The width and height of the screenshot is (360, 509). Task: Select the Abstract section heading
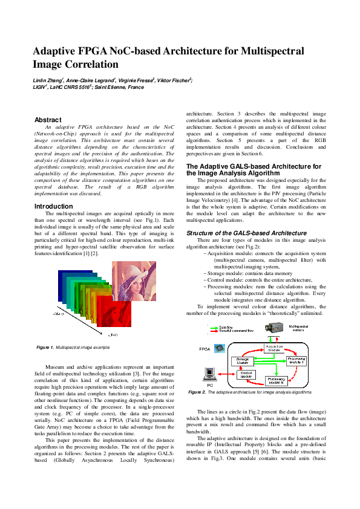pos(48,120)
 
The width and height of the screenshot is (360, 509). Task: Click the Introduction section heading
pos(53,206)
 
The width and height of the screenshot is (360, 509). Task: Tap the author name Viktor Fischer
pos(175,80)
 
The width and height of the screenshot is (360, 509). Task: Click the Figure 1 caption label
pos(45,348)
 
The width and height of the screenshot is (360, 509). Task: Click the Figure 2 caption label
pos(197,392)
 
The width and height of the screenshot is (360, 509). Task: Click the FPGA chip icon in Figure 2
pos(220,348)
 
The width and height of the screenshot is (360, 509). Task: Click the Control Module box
pos(246,374)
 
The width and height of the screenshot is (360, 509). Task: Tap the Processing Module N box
pos(280,381)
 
